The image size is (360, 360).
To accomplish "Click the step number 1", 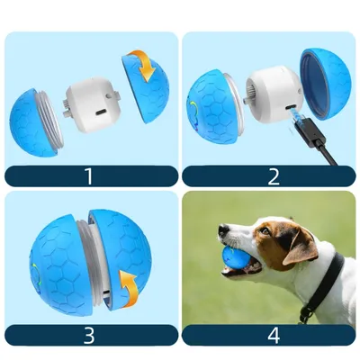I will click(x=90, y=175).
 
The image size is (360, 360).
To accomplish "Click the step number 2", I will click(x=272, y=175).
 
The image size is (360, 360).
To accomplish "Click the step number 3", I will click(x=90, y=335).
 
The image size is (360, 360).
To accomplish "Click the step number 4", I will click(x=272, y=335).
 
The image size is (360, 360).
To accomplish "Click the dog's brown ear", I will click(x=301, y=247).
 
